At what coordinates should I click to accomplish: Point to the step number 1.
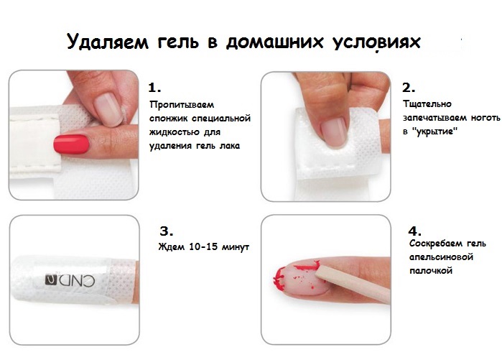pyautogui.click(x=154, y=88)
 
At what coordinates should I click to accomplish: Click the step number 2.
pyautogui.click(x=409, y=88)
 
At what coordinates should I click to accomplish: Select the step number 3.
pyautogui.click(x=166, y=231)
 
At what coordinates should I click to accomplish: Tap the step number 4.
pyautogui.click(x=414, y=231)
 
